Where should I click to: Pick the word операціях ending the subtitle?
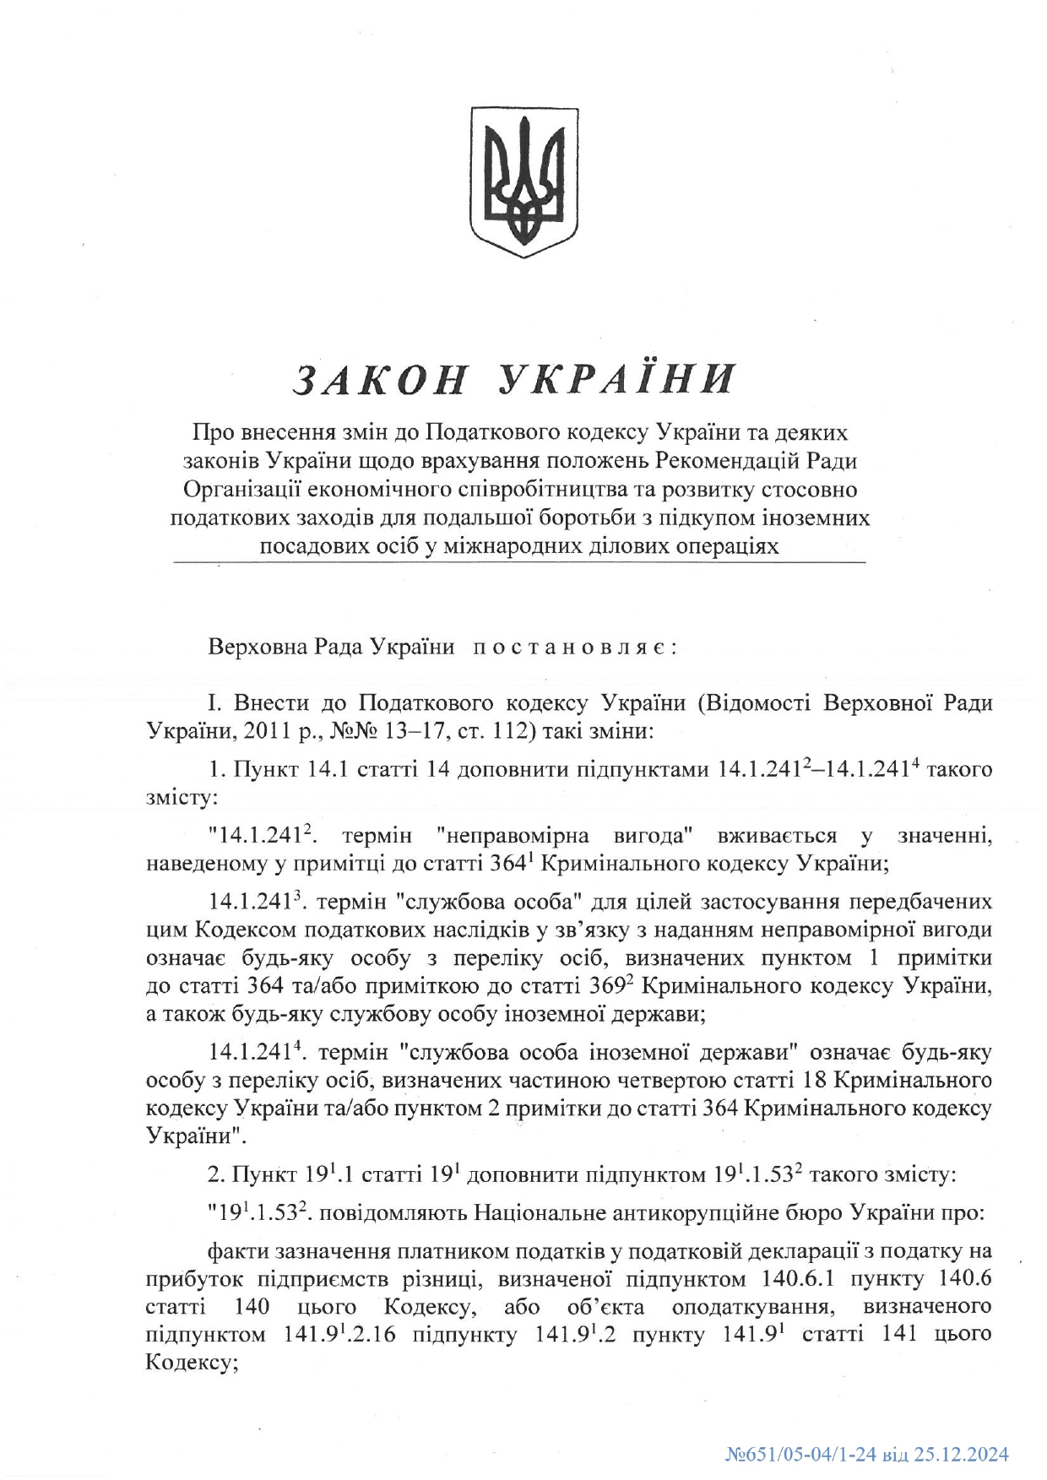click(x=727, y=545)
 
